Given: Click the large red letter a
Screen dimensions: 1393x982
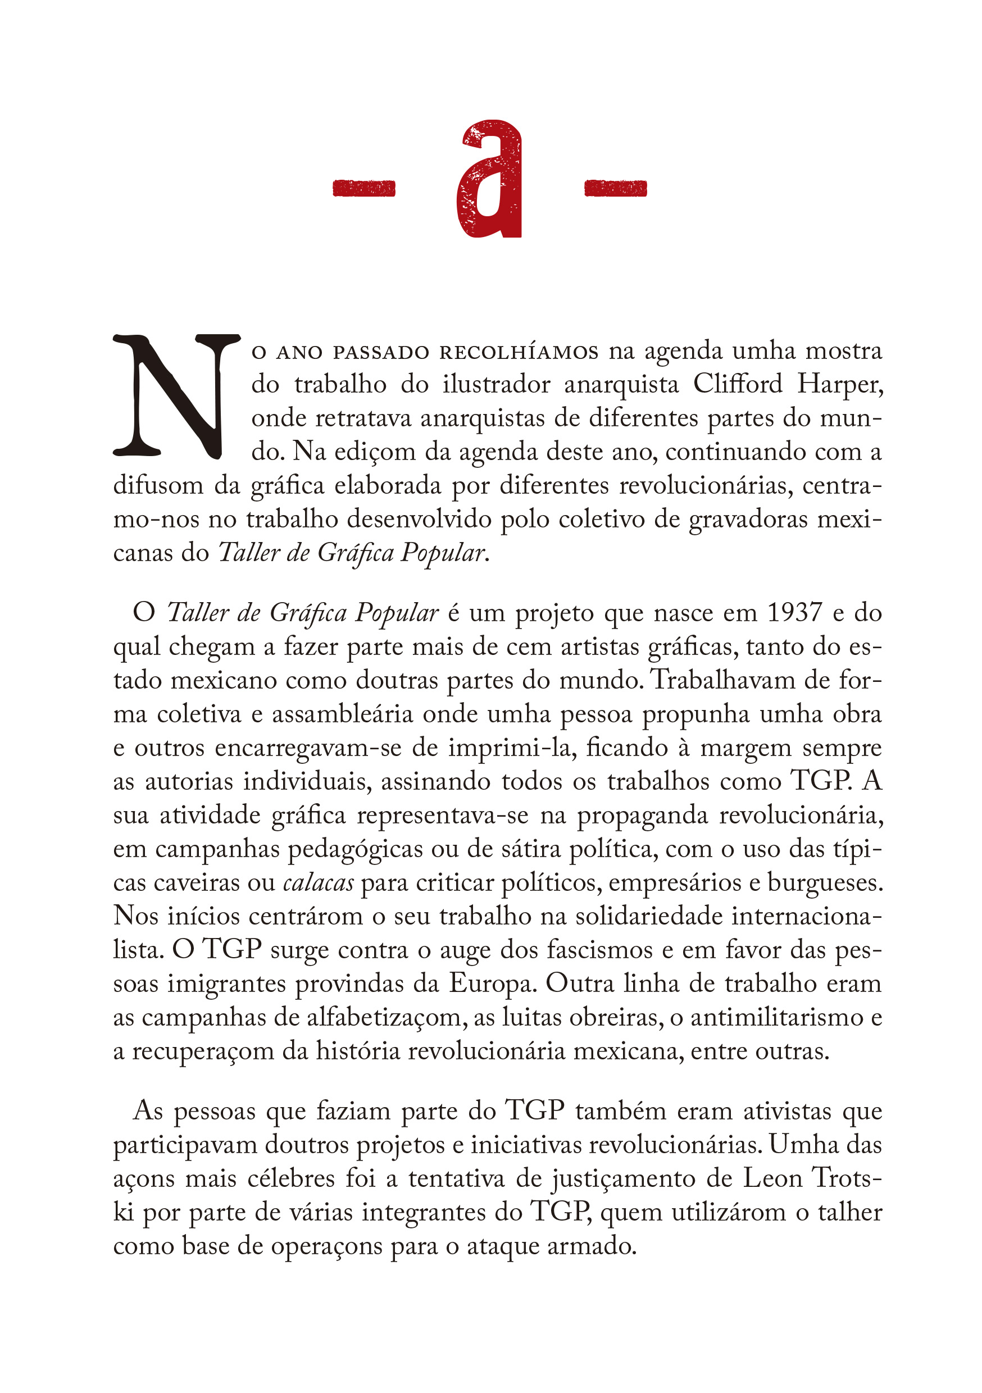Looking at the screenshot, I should [x=489, y=180].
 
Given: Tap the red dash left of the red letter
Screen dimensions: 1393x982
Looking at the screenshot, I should [x=364, y=189].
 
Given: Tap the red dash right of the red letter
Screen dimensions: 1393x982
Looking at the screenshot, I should [x=615, y=189].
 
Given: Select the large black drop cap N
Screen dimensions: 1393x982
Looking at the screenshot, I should [x=175, y=395].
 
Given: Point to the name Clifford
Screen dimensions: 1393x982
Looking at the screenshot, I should [x=738, y=384].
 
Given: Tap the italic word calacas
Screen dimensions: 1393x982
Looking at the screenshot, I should [x=318, y=883].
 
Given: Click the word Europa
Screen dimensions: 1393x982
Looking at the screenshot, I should [x=492, y=984].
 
